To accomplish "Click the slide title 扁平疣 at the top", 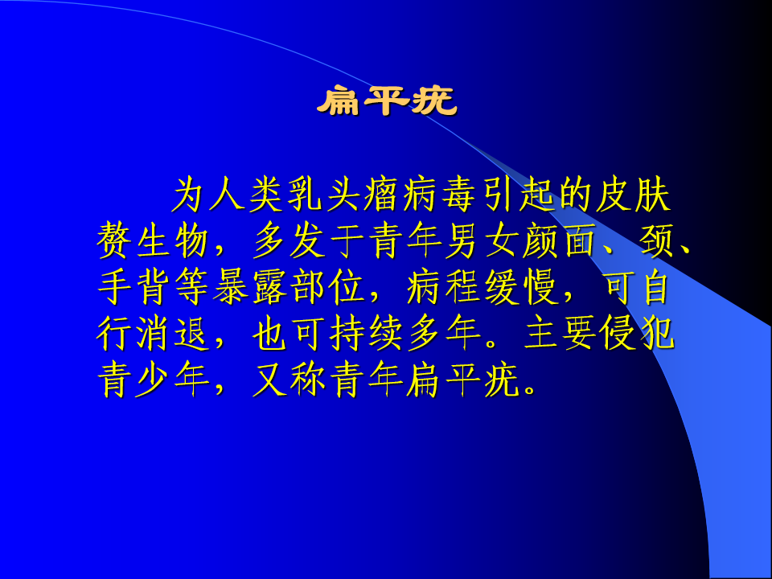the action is click(387, 101).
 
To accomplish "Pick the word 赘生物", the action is click(152, 241).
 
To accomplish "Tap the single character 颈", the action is click(656, 241).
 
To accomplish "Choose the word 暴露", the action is click(249, 287).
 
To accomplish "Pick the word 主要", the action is click(559, 333).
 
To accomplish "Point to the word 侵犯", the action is click(637, 333).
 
